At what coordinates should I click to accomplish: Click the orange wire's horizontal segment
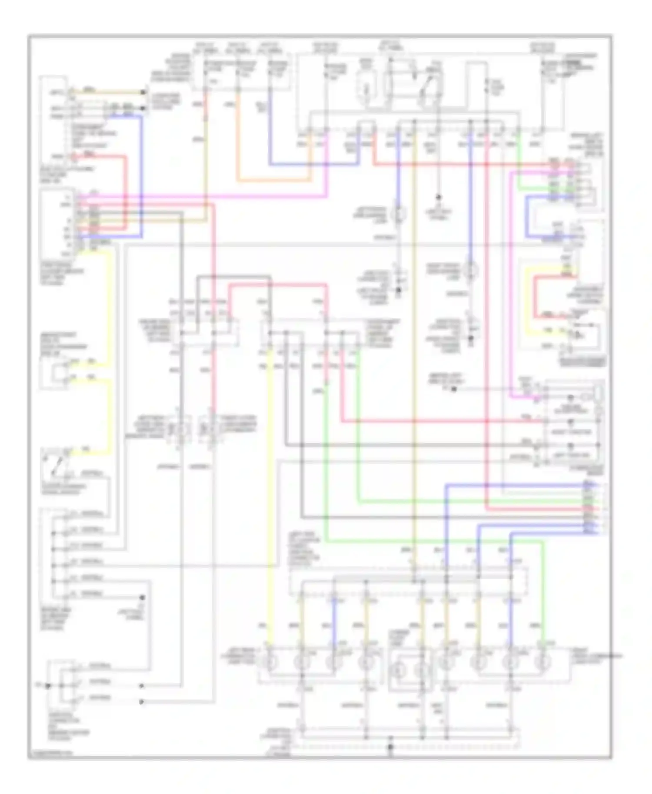click(x=274, y=180)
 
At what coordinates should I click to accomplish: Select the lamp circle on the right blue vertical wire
click(x=470, y=270)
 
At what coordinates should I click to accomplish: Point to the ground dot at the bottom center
click(x=390, y=747)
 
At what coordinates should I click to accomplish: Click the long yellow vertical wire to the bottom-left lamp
click(x=269, y=500)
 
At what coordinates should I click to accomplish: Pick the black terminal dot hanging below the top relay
click(x=438, y=197)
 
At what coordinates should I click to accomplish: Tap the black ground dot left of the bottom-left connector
click(x=48, y=686)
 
